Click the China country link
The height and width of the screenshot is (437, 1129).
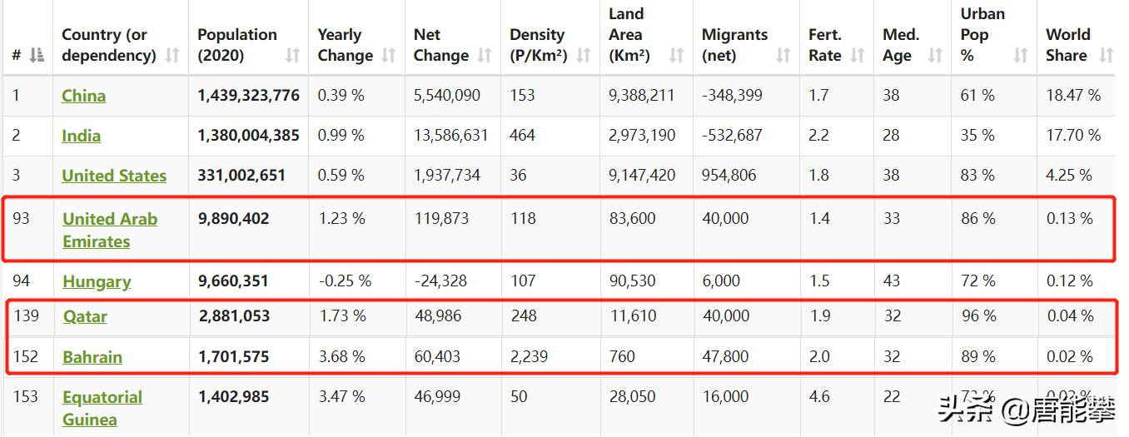point(83,96)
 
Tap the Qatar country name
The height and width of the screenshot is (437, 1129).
point(85,316)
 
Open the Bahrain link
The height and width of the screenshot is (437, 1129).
point(92,357)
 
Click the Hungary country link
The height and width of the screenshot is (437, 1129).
point(97,281)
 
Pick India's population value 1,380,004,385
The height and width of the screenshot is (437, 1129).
point(248,135)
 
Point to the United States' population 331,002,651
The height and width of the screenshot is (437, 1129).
point(241,176)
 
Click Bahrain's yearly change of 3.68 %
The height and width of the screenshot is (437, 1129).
point(341,357)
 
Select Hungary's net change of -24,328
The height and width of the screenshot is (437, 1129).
point(440,281)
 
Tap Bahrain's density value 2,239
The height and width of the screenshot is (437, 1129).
point(529,357)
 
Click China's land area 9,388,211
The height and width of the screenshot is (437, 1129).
point(641,96)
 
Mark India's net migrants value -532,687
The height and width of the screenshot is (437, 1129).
point(732,135)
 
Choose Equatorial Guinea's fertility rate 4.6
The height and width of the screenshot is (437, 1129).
point(818,397)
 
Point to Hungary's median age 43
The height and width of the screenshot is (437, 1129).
point(892,281)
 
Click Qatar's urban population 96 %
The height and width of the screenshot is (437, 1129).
point(977,316)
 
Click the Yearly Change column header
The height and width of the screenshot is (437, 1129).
point(345,46)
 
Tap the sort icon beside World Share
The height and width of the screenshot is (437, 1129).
point(1106,56)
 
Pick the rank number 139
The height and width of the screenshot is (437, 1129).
point(26,316)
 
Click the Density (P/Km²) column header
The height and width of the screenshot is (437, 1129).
point(538,46)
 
